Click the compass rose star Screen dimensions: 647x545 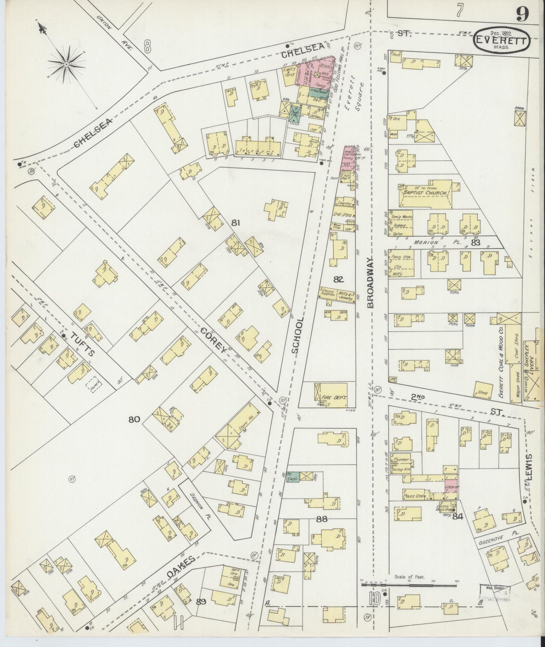(66, 65)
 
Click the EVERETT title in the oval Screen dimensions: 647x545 (502, 40)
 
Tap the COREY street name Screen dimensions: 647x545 (214, 340)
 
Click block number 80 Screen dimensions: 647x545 (134, 419)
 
